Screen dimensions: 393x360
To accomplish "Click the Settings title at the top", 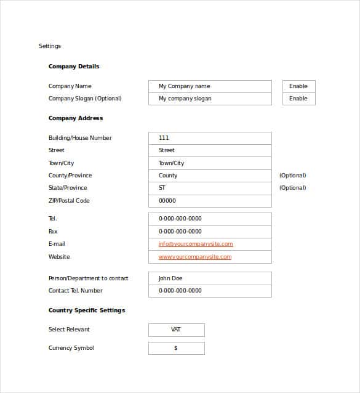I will tap(50, 46).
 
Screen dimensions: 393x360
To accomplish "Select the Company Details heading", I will tap(74, 67).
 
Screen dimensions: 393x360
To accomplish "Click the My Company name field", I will tap(210, 86).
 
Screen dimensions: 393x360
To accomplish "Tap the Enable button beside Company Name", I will tap(298, 86).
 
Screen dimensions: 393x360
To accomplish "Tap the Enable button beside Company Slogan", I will tap(298, 99).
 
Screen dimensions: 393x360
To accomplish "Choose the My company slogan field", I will tap(210, 99).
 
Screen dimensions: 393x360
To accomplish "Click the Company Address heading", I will tap(76, 118).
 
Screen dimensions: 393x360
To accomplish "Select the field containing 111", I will tap(210, 138).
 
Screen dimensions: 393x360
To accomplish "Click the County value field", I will tap(210, 176).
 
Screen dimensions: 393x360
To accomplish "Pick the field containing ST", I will tap(210, 188).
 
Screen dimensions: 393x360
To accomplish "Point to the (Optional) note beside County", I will tap(293, 176).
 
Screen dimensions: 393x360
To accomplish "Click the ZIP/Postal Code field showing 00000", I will tap(210, 201).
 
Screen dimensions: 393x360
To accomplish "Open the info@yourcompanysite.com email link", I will tap(196, 244).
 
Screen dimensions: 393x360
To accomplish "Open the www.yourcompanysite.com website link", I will tap(195, 257).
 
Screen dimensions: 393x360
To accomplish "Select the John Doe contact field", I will tap(210, 278).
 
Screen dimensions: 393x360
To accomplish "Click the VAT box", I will tap(176, 330).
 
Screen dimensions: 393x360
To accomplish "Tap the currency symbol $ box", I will tap(176, 348).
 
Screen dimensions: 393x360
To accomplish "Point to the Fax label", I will tap(53, 232).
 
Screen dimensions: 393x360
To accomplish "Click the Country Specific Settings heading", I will tap(87, 310).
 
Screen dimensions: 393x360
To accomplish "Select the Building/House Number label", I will tap(80, 138).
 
